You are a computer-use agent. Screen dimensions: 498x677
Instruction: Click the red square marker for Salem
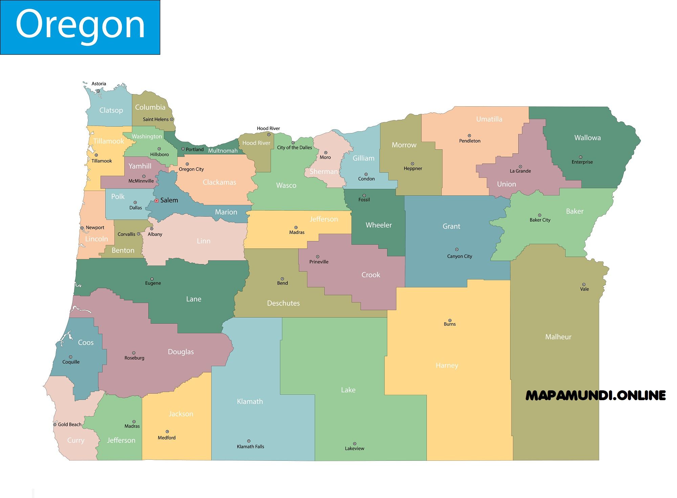[156, 201]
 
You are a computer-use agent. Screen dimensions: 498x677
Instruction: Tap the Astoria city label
[99, 84]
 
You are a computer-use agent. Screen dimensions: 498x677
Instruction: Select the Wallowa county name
[587, 138]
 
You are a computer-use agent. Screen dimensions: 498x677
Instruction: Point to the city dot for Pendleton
[469, 136]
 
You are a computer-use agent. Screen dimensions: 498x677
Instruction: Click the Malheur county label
[558, 337]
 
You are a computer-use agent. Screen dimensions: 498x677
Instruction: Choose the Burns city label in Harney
[450, 324]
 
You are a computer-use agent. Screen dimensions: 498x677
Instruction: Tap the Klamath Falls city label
[250, 447]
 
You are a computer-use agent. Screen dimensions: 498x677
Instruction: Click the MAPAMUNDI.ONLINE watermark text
[595, 395]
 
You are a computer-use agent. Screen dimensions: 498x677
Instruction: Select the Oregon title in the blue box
[80, 24]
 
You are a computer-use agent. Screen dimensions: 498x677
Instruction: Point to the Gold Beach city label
[70, 425]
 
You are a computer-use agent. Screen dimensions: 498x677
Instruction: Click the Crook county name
[371, 275]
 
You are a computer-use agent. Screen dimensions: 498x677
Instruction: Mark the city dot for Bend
[282, 279]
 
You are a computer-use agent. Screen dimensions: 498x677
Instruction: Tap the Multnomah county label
[223, 151]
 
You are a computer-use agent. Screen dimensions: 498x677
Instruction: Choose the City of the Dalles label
[294, 148]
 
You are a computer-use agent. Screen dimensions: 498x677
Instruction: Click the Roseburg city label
[134, 358]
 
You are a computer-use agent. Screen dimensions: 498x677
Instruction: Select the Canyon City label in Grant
[459, 256]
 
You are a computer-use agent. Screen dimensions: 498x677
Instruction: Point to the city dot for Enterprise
[581, 157]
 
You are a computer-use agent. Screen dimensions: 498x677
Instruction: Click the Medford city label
[167, 438]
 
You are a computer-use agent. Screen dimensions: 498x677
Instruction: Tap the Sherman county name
[324, 172]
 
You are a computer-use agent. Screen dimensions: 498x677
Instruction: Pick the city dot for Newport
[82, 228]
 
